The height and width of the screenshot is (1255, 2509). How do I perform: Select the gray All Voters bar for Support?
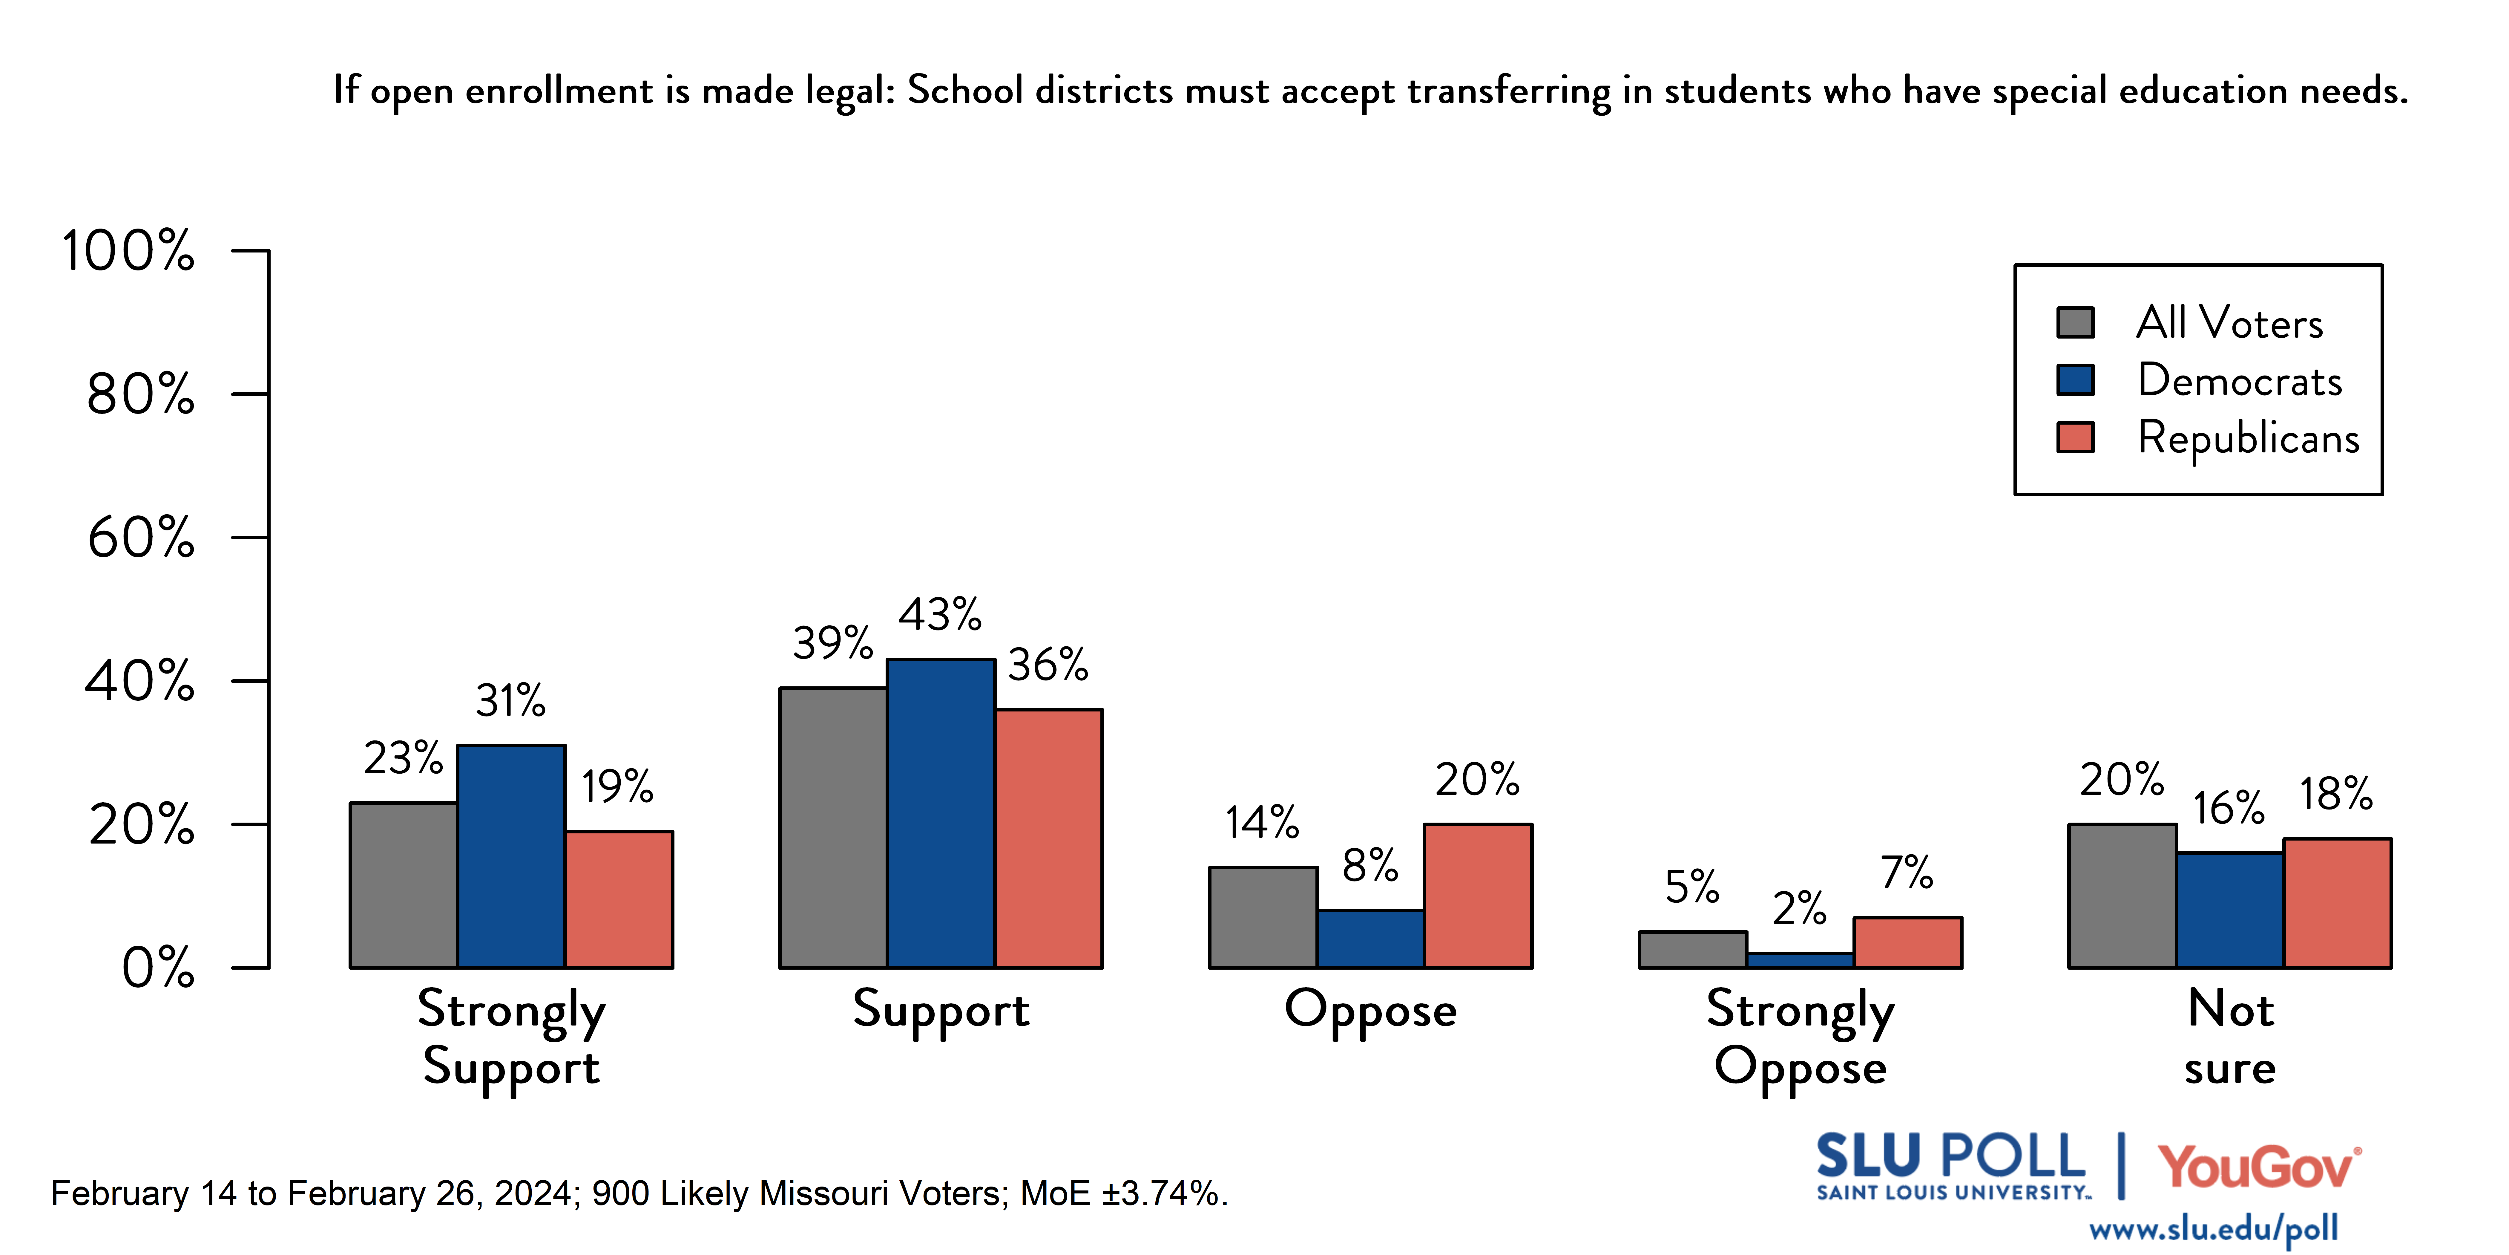pos(833,827)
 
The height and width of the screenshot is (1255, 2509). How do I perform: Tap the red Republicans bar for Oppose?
pos(1478,896)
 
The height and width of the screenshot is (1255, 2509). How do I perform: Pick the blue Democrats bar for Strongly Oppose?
pos(1800,960)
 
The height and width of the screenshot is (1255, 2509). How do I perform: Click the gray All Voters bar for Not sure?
pos(2121,896)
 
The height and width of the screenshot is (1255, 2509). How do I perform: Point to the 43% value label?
pos(939,615)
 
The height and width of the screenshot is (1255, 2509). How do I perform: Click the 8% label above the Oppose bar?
pos(1369,865)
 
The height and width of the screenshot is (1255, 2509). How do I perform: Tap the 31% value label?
pos(510,701)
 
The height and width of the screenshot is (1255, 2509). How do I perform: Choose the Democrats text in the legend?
pos(2239,380)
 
